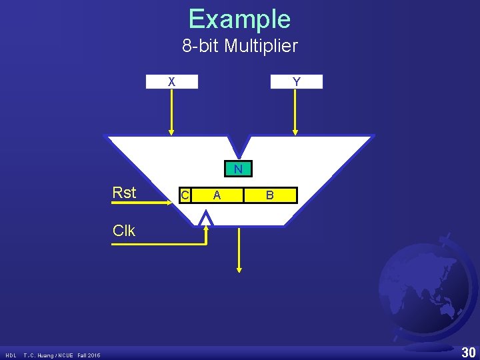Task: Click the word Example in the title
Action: [239, 19]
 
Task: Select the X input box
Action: [172, 81]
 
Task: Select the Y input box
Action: [296, 81]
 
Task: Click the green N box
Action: [238, 169]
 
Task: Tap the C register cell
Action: [185, 195]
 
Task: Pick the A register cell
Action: [217, 195]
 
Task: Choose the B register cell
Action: [269, 195]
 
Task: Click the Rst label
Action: [124, 193]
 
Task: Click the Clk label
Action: [124, 231]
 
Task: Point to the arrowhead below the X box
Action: [172, 131]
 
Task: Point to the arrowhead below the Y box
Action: [296, 131]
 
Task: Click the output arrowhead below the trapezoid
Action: [239, 269]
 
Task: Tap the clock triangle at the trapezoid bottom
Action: [207, 219]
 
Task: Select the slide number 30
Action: [469, 353]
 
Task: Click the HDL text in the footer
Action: [12, 355]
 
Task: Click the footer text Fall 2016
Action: [89, 355]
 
